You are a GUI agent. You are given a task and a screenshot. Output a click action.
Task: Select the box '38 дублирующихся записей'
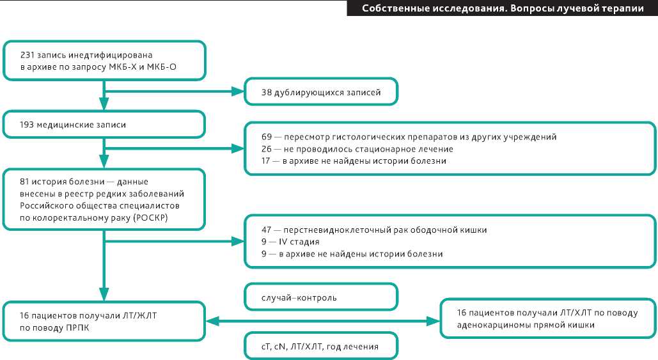[x=321, y=93]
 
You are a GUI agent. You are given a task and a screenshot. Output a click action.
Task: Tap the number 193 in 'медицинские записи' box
[x=28, y=125]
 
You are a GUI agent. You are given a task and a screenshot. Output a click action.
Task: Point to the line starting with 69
[x=409, y=137]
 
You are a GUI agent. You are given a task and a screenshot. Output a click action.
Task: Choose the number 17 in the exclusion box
[x=266, y=161]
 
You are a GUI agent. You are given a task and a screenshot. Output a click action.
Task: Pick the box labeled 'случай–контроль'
[x=321, y=297]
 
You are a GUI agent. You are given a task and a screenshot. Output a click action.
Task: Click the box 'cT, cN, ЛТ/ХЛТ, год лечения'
[x=321, y=347]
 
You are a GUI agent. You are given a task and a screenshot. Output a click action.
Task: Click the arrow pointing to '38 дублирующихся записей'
[x=173, y=93]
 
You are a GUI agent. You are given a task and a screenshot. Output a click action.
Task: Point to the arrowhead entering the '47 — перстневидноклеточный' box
[x=239, y=242]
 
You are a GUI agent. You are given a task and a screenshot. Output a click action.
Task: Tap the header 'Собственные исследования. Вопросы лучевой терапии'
[x=502, y=8]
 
